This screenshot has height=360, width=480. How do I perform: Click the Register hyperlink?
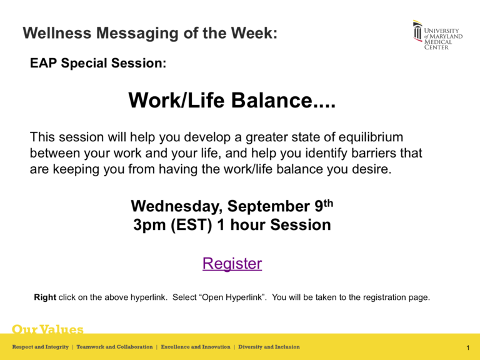(x=232, y=264)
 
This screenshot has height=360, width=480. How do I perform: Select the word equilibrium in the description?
(x=363, y=136)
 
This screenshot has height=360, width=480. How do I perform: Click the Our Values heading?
(x=48, y=329)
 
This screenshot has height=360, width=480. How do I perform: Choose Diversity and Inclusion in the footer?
(x=269, y=347)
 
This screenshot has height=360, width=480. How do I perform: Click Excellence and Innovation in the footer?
(x=196, y=347)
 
